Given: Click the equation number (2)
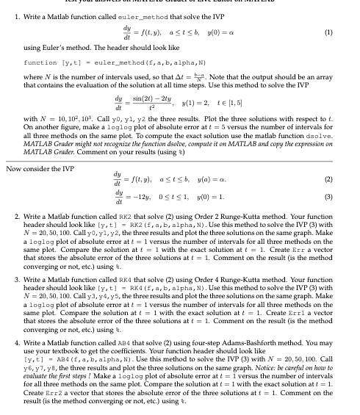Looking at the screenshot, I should click(x=347, y=178).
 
